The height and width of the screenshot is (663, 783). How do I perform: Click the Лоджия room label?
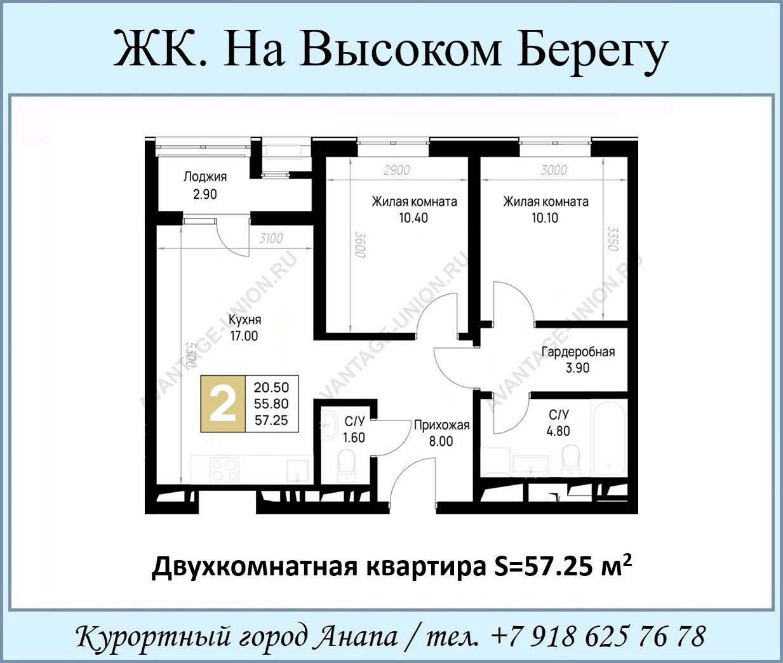click(x=205, y=177)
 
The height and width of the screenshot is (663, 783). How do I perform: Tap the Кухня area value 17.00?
click(x=244, y=336)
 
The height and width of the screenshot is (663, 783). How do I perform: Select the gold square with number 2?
click(x=223, y=404)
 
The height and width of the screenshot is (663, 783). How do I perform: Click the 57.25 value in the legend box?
click(x=271, y=420)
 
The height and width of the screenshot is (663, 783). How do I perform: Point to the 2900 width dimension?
click(x=397, y=170)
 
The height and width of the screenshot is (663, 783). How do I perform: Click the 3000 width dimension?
click(x=554, y=170)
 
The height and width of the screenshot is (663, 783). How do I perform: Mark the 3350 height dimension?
click(x=613, y=238)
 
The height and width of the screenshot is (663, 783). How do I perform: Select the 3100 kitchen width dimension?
click(x=271, y=238)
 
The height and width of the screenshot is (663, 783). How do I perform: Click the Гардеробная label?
click(x=578, y=352)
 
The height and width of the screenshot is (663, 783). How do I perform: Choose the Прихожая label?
click(x=441, y=425)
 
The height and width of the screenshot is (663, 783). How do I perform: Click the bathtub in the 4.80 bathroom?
click(x=608, y=437)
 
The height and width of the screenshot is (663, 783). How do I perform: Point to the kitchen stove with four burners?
click(x=225, y=470)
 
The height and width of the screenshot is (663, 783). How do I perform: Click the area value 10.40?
click(x=413, y=218)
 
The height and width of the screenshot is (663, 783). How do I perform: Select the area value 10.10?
click(x=545, y=218)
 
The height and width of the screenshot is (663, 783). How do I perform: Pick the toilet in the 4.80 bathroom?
click(x=571, y=460)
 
